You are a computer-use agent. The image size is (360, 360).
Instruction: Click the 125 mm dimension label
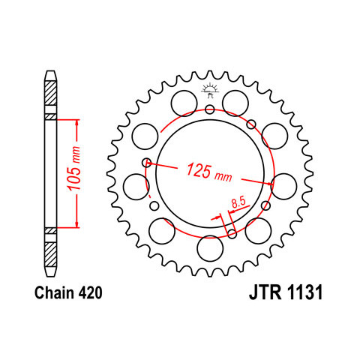click(209, 172)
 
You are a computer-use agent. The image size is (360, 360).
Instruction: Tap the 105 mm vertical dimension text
click(74, 168)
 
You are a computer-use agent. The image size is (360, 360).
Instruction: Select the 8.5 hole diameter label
click(239, 202)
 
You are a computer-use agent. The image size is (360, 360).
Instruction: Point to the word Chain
click(53, 292)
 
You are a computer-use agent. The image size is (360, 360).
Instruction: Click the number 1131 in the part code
click(305, 292)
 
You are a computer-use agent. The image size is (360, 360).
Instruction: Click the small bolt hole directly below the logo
click(210, 109)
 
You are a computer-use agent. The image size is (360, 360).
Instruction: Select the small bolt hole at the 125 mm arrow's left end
click(147, 163)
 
